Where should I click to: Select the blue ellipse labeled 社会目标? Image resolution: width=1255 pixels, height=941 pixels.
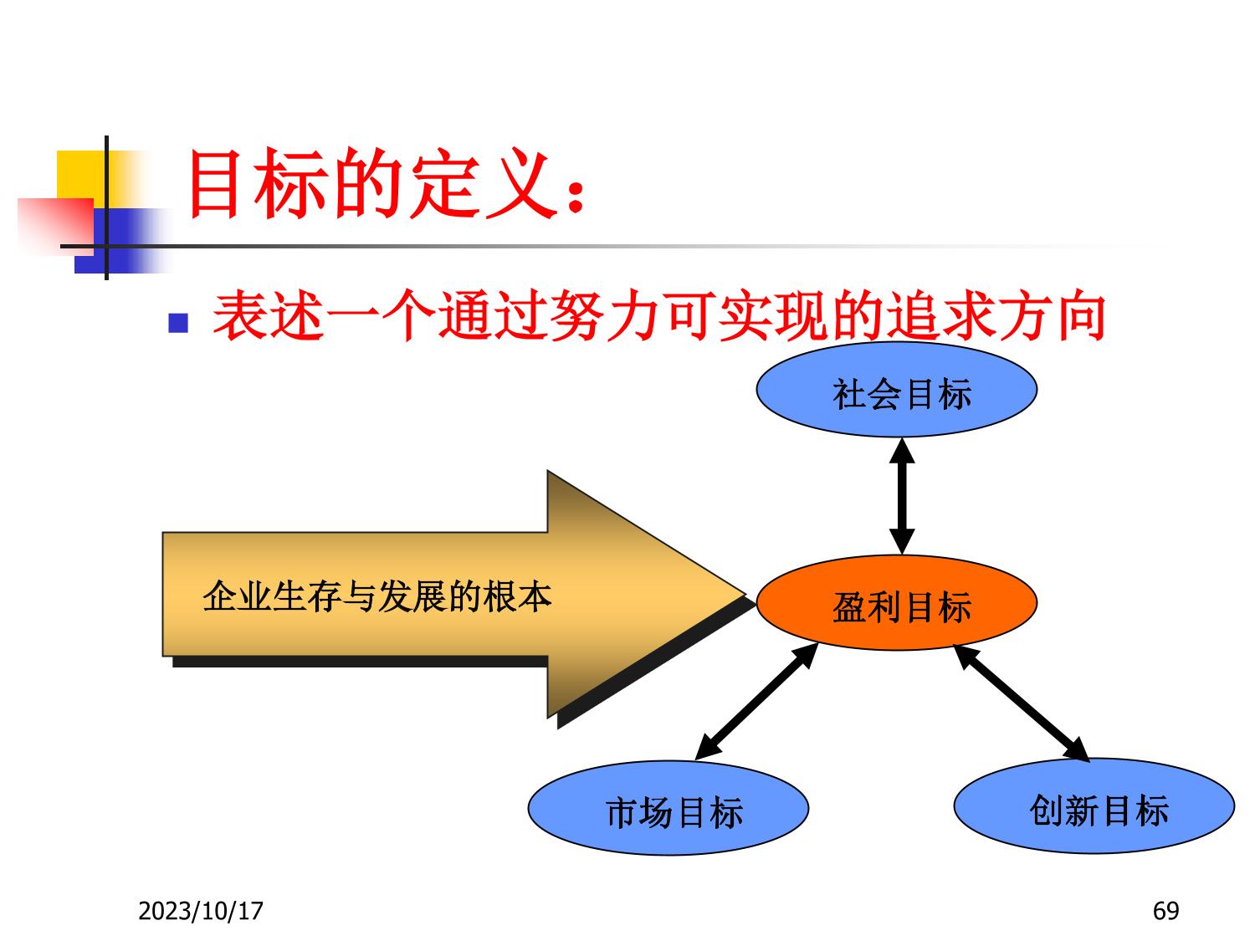896,391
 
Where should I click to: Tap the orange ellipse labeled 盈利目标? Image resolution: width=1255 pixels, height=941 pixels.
896,603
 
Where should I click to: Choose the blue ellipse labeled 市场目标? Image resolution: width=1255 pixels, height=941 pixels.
668,807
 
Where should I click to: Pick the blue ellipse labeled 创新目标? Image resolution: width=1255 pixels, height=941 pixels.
1094,806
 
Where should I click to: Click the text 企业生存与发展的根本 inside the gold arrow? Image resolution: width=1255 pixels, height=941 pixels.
376,596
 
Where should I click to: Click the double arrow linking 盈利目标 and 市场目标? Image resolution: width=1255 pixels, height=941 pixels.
756,702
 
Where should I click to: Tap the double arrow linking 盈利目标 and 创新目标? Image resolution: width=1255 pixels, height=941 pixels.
1022,703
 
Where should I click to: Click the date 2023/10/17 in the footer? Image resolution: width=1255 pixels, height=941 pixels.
201,911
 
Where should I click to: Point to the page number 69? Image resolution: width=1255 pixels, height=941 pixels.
1165,911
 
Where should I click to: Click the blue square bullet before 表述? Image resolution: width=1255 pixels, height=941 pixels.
178,323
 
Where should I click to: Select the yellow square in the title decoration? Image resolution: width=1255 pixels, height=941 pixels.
80,178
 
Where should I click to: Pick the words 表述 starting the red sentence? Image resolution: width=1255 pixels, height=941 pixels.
269,315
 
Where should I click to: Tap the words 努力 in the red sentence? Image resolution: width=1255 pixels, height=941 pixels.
606,315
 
